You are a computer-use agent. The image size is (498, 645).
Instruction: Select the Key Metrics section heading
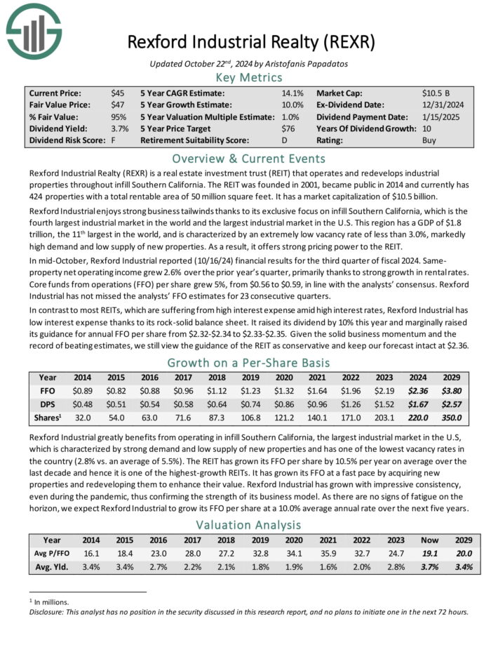pyautogui.click(x=250, y=77)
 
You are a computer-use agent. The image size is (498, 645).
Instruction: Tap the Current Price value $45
pyautogui.click(x=118, y=93)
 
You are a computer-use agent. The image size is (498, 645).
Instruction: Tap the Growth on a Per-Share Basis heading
pyautogui.click(x=250, y=363)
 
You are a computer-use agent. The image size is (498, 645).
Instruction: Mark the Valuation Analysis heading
pyautogui.click(x=250, y=524)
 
